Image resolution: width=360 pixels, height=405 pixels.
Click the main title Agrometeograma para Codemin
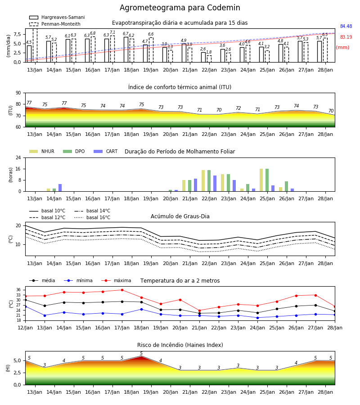[x=180, y=8]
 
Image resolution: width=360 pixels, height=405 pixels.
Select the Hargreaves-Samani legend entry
[x=57, y=17]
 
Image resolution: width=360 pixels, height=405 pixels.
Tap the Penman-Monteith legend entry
[x=55, y=24]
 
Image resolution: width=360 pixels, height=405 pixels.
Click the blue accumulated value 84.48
[x=346, y=27]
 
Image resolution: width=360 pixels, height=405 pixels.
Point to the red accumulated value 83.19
[x=346, y=37]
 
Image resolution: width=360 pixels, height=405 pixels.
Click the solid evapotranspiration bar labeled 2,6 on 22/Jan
[x=203, y=57]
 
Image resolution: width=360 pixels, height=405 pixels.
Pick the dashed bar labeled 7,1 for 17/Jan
[x=112, y=49]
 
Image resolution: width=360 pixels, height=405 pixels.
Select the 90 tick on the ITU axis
[x=18, y=93]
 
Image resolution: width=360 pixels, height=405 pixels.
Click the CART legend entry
[x=106, y=151]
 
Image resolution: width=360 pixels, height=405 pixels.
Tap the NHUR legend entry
[x=42, y=151]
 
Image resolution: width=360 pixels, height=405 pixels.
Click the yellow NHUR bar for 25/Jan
[x=261, y=180]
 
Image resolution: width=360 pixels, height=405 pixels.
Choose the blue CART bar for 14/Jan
[x=60, y=188]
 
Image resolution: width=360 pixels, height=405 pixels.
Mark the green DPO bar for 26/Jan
[x=286, y=186]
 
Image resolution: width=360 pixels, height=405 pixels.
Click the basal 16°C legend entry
[x=92, y=217]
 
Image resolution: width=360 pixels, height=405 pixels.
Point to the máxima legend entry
[x=116, y=280]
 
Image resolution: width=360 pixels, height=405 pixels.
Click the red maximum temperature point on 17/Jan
[x=122, y=290]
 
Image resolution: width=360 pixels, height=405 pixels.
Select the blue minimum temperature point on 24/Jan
[x=257, y=318]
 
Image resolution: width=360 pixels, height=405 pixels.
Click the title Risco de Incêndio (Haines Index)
[x=180, y=345]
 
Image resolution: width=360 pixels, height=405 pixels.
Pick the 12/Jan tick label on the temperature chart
[x=25, y=328]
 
